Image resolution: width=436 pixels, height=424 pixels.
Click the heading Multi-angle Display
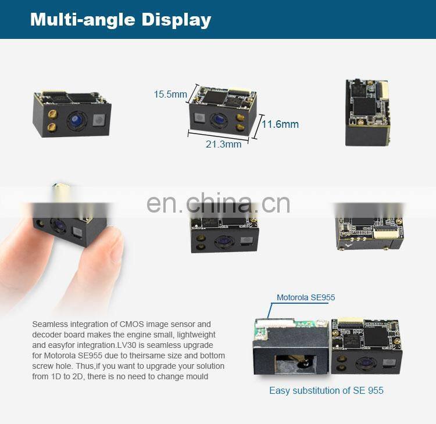click(x=120, y=19)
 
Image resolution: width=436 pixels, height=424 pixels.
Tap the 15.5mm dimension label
click(x=170, y=94)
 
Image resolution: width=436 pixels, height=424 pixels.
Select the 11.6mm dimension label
click(x=280, y=124)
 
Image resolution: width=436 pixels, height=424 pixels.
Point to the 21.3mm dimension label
click(x=223, y=144)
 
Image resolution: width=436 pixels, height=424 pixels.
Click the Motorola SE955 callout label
click(x=305, y=297)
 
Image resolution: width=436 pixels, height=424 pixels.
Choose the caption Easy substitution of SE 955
click(x=326, y=390)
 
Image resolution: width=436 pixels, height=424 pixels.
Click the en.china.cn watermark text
click(x=218, y=203)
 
